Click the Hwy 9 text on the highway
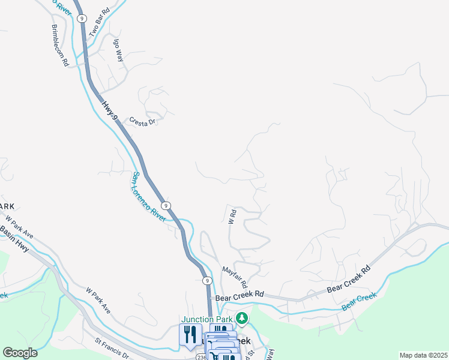click(109, 112)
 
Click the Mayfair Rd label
click(235, 276)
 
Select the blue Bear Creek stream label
click(359, 301)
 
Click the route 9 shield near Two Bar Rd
click(81, 19)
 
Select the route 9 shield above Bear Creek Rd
click(206, 280)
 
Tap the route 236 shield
click(200, 357)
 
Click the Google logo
click(20, 353)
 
